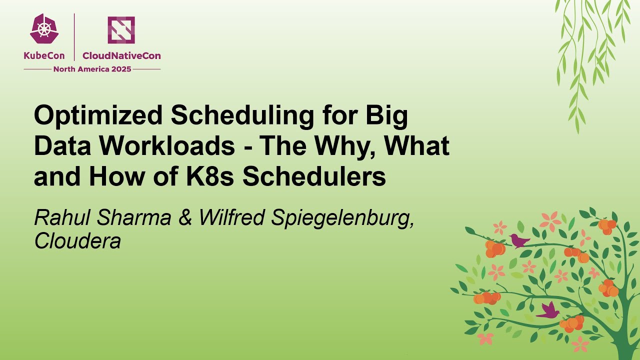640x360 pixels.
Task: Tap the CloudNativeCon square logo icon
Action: point(121,29)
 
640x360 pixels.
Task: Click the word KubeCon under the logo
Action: point(44,56)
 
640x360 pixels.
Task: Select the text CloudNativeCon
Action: point(121,56)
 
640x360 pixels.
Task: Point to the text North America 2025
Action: point(92,69)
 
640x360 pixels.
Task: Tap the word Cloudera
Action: point(77,241)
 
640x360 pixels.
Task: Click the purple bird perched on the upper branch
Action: point(519,240)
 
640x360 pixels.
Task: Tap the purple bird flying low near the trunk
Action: point(549,310)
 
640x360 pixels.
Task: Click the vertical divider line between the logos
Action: point(74,37)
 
